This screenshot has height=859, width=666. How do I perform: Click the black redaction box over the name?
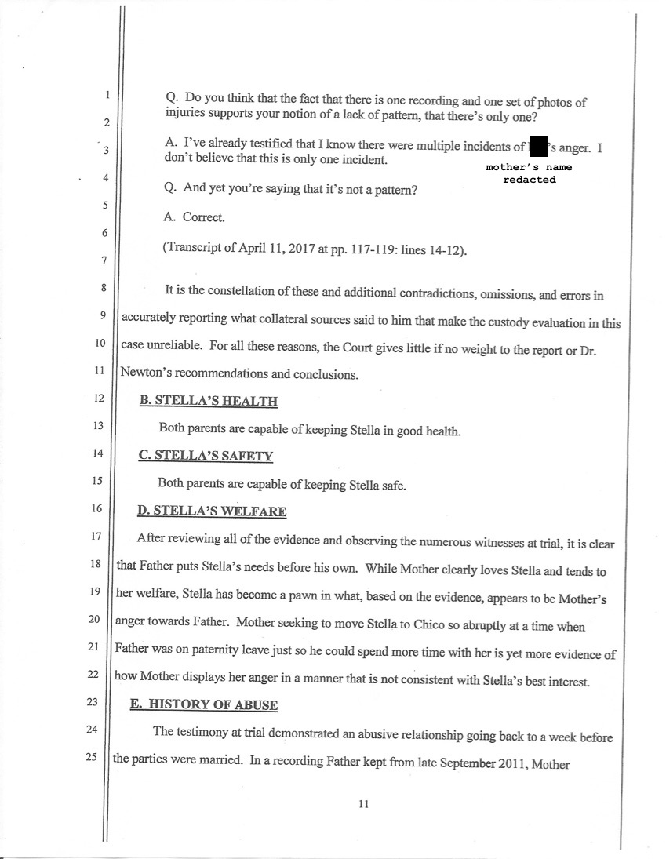point(538,147)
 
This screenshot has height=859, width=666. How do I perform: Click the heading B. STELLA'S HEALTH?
point(208,401)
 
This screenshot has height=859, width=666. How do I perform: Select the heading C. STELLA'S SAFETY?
point(205,455)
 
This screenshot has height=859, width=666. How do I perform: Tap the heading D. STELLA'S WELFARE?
point(211,511)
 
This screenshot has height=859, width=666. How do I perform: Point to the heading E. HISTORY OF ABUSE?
point(203,704)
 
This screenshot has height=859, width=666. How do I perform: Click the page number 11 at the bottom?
point(362,803)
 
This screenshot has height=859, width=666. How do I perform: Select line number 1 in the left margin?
point(105,96)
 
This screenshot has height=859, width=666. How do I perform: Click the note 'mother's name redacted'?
point(529,173)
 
